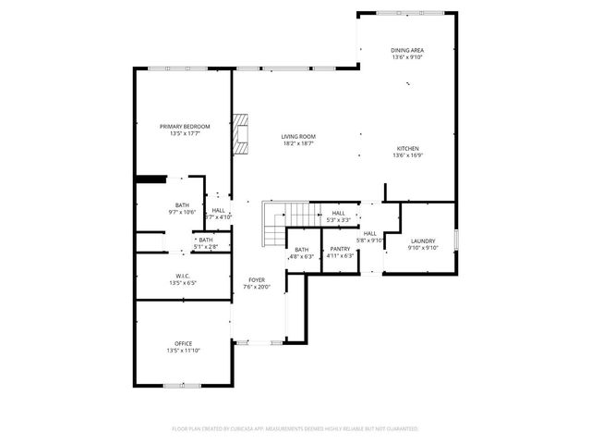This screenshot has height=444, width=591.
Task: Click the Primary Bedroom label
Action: tap(185, 126)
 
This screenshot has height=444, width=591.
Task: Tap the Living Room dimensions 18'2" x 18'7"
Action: tap(298, 143)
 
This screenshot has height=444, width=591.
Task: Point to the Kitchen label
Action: tap(407, 149)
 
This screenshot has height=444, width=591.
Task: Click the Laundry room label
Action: tap(422, 240)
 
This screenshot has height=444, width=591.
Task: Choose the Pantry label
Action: tap(340, 249)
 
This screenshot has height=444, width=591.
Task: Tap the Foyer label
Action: tap(256, 279)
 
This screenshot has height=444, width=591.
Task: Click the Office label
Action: tap(184, 343)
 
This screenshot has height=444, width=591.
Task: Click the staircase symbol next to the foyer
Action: tap(274, 224)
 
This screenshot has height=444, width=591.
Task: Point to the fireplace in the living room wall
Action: tap(242, 133)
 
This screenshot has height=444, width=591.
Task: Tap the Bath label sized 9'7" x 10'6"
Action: tap(182, 205)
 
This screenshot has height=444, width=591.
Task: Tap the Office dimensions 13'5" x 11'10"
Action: tap(184, 351)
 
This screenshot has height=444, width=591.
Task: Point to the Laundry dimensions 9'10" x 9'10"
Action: tap(422, 248)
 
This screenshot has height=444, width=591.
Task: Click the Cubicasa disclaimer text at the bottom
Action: tap(295, 429)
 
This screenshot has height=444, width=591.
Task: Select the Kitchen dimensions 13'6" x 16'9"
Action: tap(407, 156)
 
